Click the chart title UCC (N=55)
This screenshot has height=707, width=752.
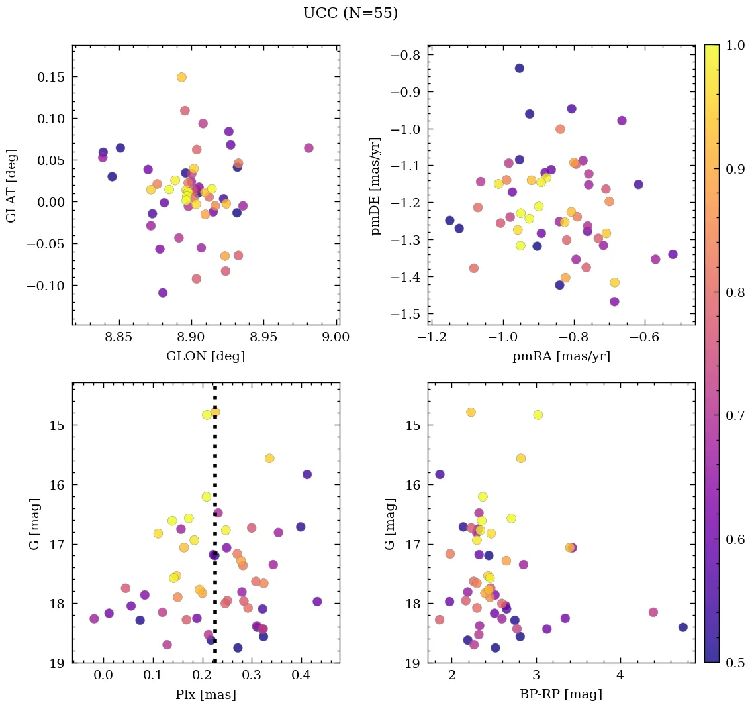coord(350,13)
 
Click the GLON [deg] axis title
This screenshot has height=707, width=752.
coord(205,356)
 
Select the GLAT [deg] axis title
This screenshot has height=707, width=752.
coord(11,186)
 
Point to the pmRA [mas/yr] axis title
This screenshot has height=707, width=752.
coord(561,356)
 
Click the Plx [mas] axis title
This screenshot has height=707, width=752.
coord(205,695)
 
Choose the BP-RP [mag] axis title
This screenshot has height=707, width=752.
coord(561,695)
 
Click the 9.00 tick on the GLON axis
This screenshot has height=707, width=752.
coord(336,337)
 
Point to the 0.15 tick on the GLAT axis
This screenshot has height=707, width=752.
coord(51,77)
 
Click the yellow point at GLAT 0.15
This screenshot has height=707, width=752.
coord(181,78)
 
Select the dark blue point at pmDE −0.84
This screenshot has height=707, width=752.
coord(520,68)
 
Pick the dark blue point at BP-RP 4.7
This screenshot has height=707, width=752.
coord(683,627)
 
